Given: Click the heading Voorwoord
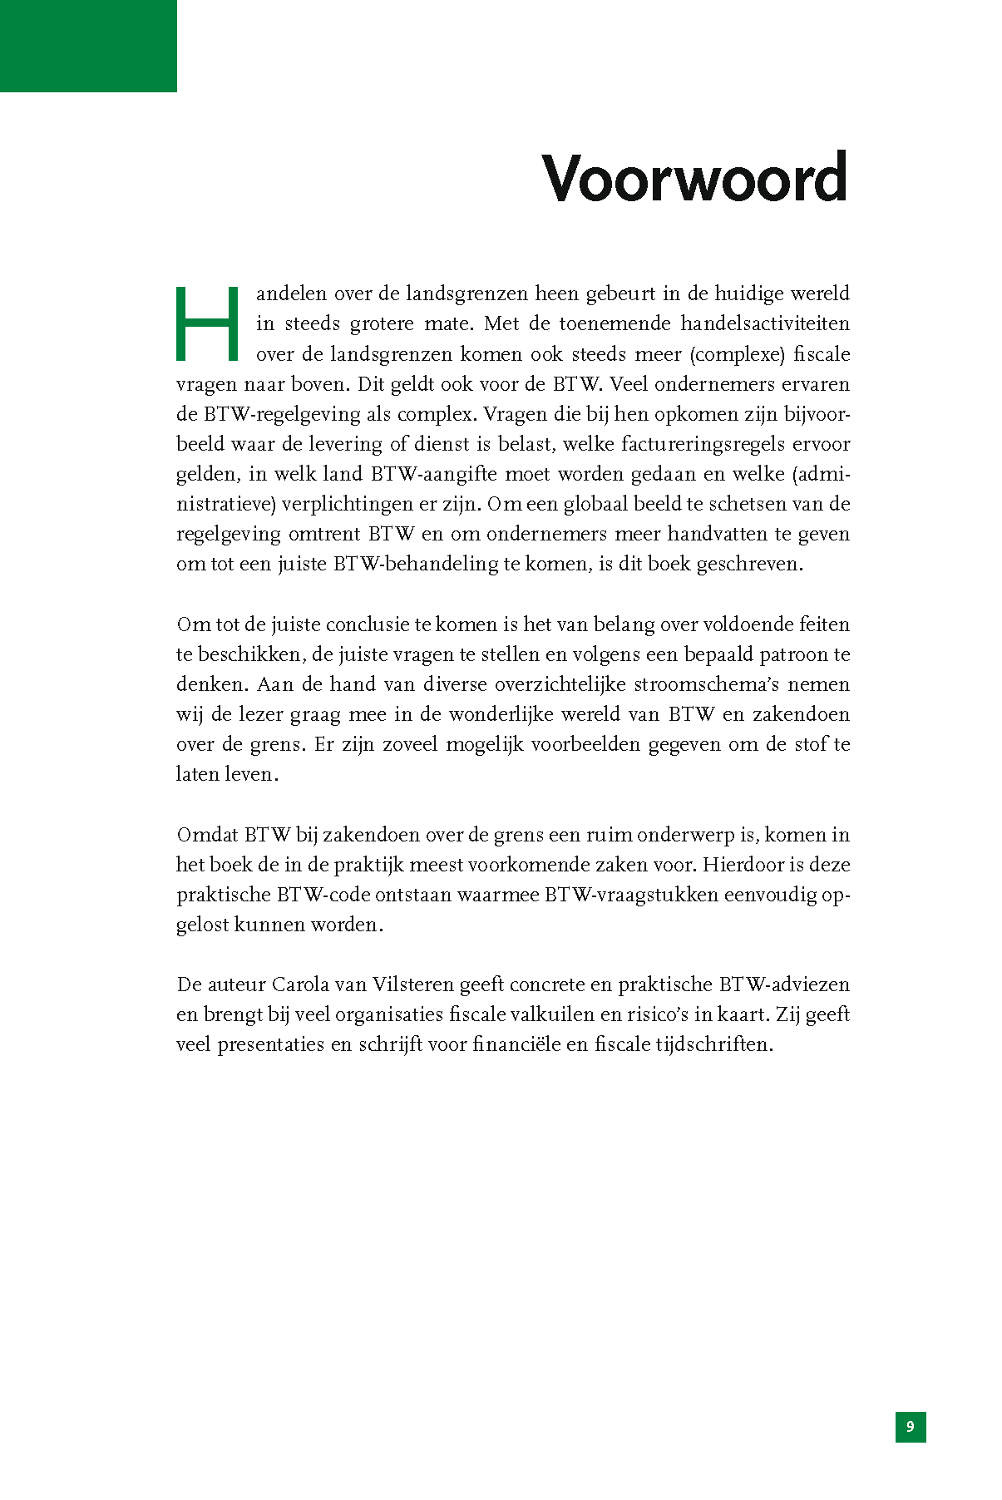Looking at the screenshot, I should pos(694,178).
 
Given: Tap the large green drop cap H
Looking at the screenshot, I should pos(207,323).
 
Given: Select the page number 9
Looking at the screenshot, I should pos(911,1427).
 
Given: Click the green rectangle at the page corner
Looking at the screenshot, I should pos(88,46).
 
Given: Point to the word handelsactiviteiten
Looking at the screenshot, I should pos(765,323).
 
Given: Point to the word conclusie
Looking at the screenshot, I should pos(368,624).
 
